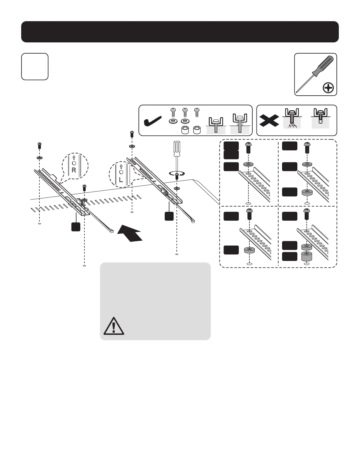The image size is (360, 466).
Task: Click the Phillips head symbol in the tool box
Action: click(x=328, y=88)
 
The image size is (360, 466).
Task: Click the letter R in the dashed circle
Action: click(x=74, y=170)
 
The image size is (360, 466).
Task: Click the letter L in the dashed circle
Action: click(x=121, y=179)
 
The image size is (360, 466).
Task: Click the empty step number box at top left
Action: click(x=35, y=66)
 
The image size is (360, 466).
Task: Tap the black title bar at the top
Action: click(x=180, y=32)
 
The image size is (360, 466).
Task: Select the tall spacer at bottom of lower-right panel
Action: click(x=307, y=257)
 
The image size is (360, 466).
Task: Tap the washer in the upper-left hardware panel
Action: click(x=249, y=164)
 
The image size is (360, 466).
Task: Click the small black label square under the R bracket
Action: click(x=76, y=227)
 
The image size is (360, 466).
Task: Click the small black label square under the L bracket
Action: click(x=169, y=216)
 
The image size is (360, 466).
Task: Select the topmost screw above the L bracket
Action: click(x=132, y=134)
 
